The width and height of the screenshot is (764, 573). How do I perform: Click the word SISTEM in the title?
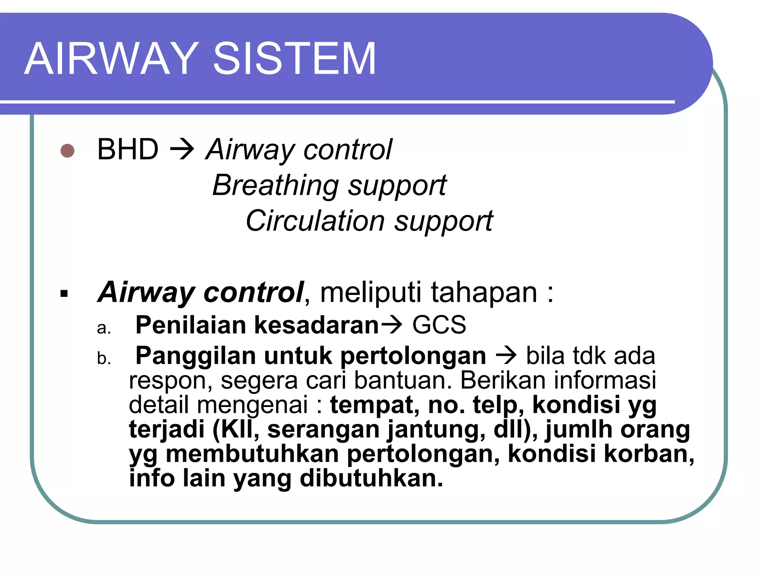click(294, 59)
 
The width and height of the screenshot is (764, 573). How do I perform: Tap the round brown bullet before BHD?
click(68, 151)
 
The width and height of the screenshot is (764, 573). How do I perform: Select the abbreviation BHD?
click(128, 149)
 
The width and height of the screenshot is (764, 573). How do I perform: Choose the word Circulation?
click(315, 220)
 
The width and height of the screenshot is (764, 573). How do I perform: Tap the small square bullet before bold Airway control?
click(64, 294)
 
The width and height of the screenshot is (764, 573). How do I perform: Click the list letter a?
click(104, 328)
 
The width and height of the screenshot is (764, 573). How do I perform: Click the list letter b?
click(104, 358)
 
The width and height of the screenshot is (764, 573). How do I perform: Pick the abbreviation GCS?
click(439, 325)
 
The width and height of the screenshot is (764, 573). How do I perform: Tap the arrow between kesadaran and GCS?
click(391, 325)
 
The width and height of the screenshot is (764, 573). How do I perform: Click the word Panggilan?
click(195, 356)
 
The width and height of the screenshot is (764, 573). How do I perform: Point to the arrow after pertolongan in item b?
click(506, 356)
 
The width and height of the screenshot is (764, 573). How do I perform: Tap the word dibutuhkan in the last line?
click(371, 478)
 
